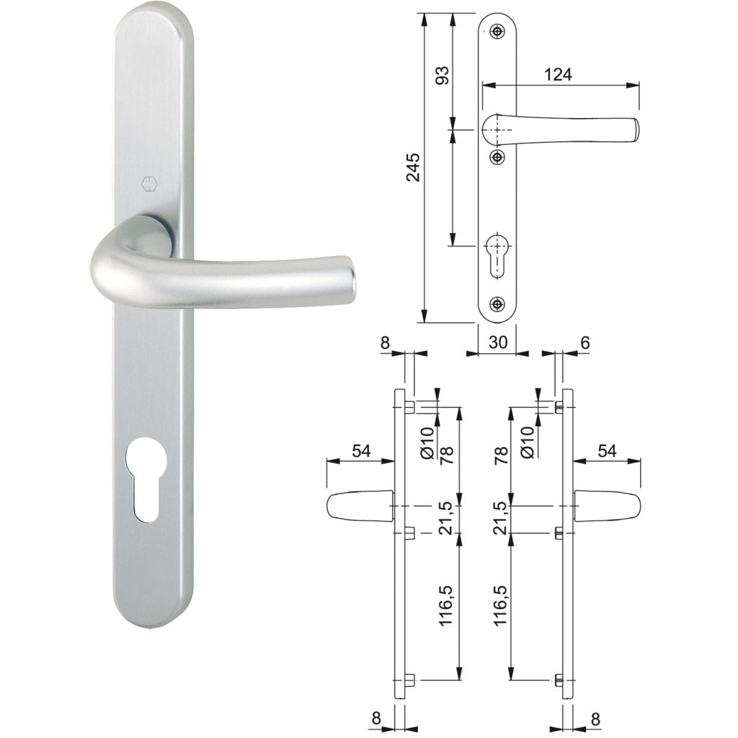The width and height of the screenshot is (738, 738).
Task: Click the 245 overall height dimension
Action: pyautogui.click(x=413, y=167)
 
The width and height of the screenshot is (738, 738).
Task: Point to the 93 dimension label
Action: pyautogui.click(x=441, y=75)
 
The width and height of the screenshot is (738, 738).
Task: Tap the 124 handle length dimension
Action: pyautogui.click(x=558, y=74)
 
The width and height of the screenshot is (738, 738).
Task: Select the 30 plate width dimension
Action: pyautogui.click(x=497, y=342)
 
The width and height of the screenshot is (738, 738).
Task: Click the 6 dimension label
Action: pyautogui.click(x=584, y=342)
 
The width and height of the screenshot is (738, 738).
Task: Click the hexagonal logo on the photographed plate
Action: pyautogui.click(x=148, y=184)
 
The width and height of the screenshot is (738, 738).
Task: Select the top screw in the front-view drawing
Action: pyautogui.click(x=497, y=32)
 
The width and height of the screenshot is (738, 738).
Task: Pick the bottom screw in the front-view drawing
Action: pyautogui.click(x=497, y=304)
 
